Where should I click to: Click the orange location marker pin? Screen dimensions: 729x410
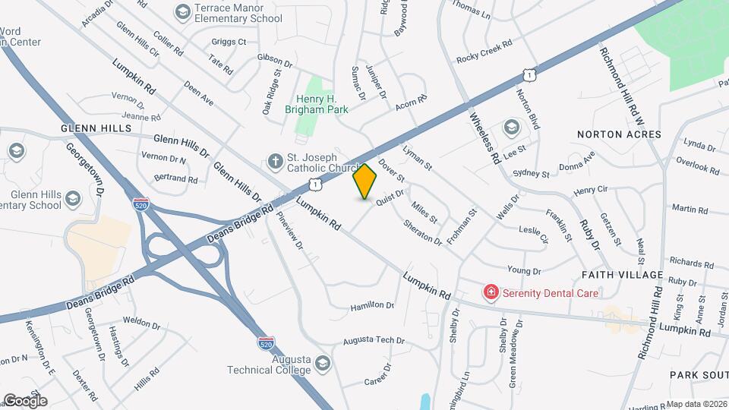pos(365,181)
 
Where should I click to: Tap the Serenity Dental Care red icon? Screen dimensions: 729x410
pos(491,292)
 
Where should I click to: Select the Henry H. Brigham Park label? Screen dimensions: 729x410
pos(320,104)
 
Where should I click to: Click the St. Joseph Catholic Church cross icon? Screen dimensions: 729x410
pos(275,160)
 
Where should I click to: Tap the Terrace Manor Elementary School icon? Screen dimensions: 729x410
pos(181,11)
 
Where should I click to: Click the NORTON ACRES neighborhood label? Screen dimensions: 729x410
pos(619,134)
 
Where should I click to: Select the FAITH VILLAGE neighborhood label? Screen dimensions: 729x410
pos(622,274)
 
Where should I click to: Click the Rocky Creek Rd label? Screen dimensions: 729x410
pos(484,52)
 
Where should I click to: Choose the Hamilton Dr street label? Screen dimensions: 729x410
pos(372,306)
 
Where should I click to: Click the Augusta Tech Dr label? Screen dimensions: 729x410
pos(374,340)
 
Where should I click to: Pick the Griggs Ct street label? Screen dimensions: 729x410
pos(229,42)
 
